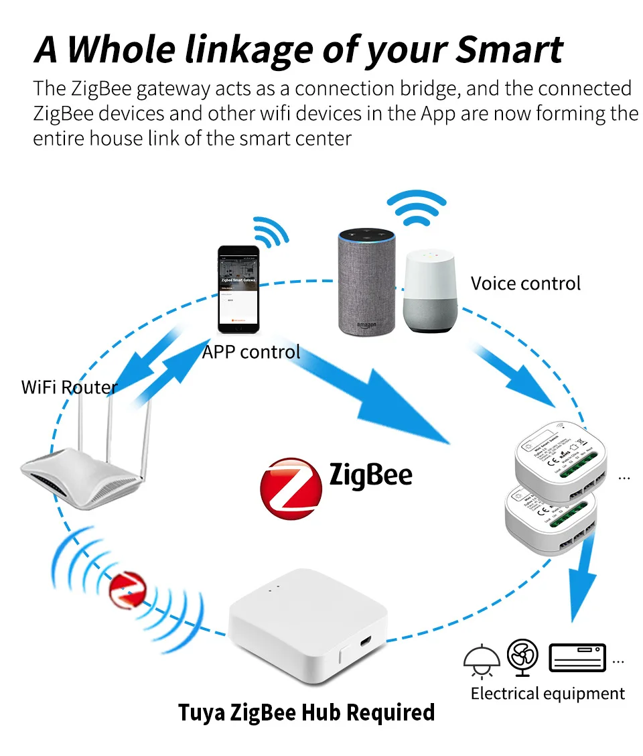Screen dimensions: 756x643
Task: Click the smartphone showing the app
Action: pyautogui.click(x=238, y=289)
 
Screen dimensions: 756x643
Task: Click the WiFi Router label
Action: pyautogui.click(x=69, y=387)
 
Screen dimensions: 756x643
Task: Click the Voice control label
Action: pyautogui.click(x=525, y=283)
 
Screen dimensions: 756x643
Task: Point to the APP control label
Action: pyautogui.click(x=251, y=351)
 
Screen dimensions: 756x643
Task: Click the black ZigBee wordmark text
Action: pyautogui.click(x=370, y=475)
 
